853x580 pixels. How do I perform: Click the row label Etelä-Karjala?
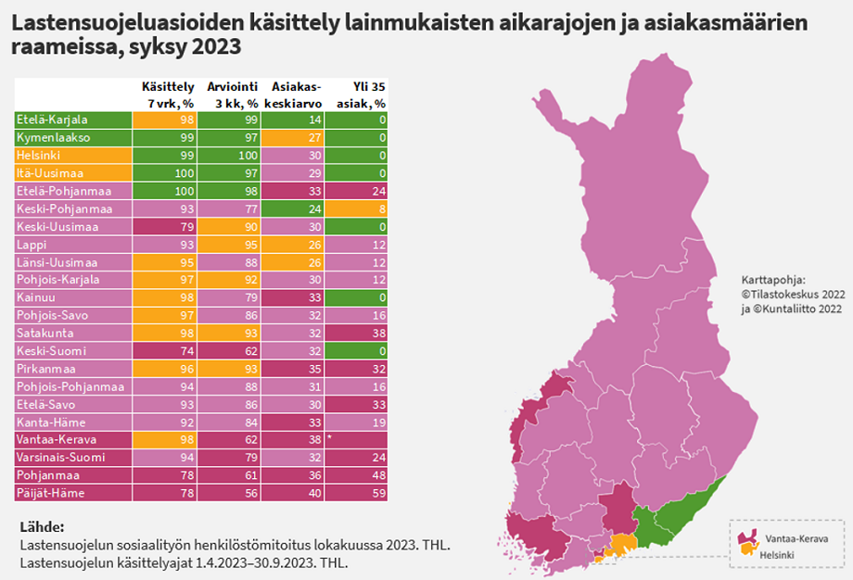pyautogui.click(x=52, y=120)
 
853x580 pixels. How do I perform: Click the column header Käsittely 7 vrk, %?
pyautogui.click(x=167, y=95)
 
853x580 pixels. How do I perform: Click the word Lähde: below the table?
pyautogui.click(x=42, y=526)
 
